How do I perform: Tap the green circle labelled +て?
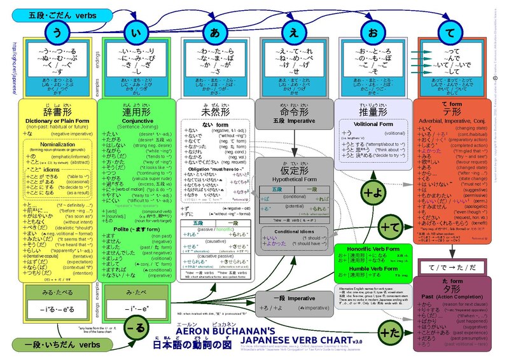coord(388,226)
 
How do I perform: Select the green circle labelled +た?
coord(389,330)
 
